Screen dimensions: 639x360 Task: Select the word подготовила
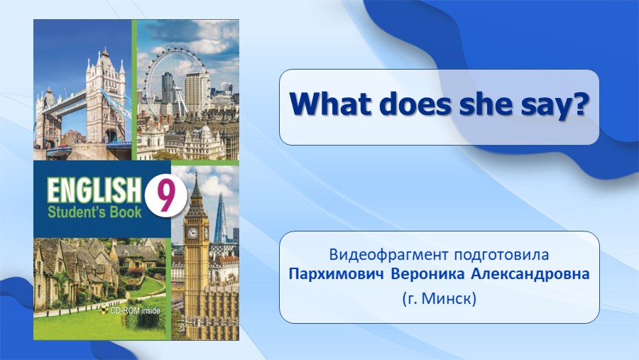point(501,256)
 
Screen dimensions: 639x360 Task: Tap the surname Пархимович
point(337,274)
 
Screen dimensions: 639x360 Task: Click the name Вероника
point(427,274)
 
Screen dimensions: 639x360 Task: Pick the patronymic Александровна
point(530,274)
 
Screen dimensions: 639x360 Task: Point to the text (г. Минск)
point(439,299)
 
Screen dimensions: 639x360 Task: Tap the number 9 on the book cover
point(165,197)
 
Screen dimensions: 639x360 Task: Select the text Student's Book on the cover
point(94,212)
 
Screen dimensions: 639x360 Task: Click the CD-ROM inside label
point(131,311)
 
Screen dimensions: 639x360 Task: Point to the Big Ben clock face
point(192,233)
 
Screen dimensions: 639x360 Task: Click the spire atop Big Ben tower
point(196,187)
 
